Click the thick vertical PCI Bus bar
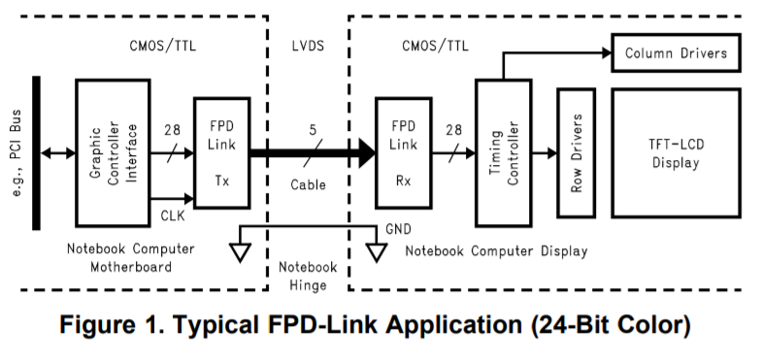coord(37,152)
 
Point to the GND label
coord(397,230)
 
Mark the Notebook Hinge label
coord(308,277)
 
